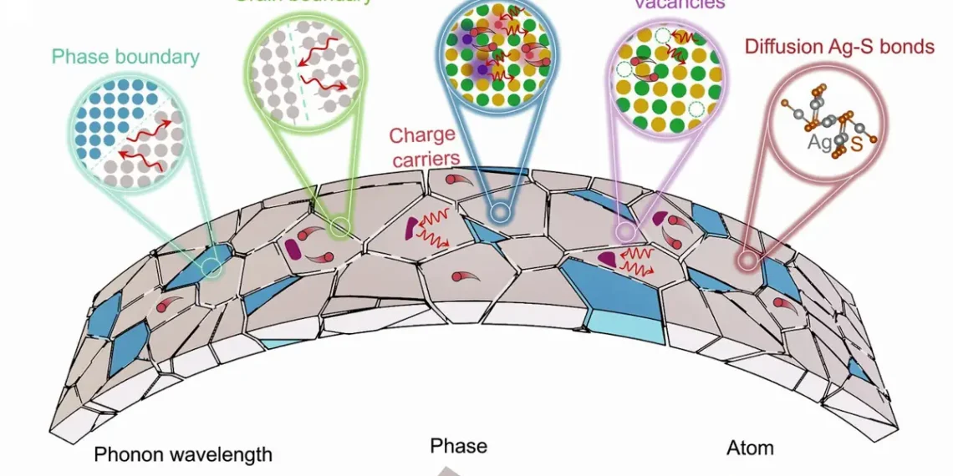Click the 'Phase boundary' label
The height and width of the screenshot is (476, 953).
click(125, 57)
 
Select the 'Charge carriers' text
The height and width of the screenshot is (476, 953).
click(422, 145)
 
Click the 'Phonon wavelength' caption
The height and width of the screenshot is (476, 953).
click(183, 454)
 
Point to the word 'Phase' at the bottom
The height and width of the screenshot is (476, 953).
click(458, 446)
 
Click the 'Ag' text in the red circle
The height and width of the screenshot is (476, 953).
click(819, 143)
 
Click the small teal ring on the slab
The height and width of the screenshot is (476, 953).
click(212, 268)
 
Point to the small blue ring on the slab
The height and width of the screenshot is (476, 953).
click(499, 213)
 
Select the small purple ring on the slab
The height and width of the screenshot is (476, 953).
click(623, 230)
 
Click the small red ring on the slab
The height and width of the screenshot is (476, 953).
click(747, 261)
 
